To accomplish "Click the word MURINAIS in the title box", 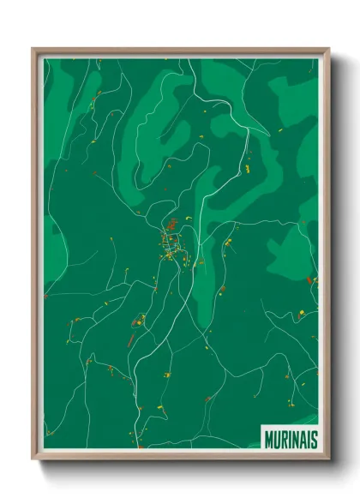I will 290,440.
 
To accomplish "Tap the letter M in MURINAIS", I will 267,440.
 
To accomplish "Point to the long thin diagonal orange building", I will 131,340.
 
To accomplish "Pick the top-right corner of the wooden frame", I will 328,49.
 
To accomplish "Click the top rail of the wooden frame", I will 180,50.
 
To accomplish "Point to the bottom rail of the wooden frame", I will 180,459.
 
